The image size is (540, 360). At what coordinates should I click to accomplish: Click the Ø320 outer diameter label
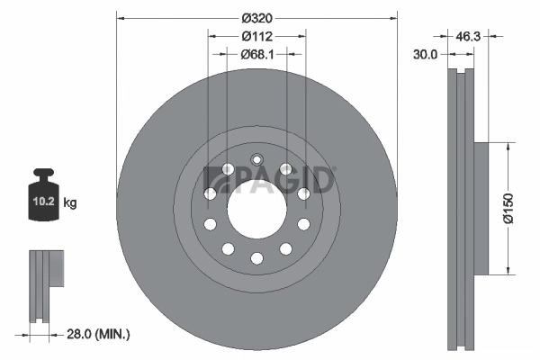click(x=256, y=17)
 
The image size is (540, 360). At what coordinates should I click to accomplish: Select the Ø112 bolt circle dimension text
click(x=256, y=37)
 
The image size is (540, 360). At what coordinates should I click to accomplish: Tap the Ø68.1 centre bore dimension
click(x=256, y=55)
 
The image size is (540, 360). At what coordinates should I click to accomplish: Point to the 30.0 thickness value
click(x=426, y=54)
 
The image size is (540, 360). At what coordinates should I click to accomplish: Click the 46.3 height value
click(x=467, y=37)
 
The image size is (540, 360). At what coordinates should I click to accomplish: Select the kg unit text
click(x=70, y=202)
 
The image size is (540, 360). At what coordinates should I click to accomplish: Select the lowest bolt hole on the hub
click(x=256, y=259)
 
